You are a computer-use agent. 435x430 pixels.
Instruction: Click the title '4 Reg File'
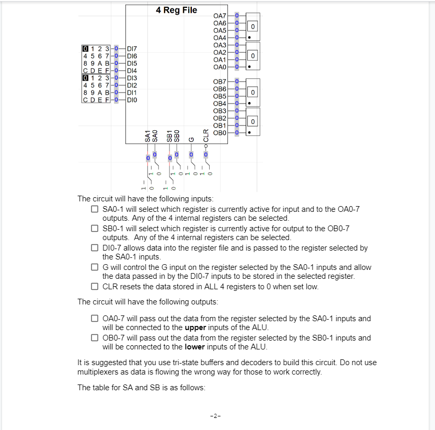(x=176, y=10)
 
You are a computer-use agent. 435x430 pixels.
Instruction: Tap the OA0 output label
(x=220, y=67)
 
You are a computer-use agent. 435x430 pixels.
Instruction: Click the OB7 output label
(x=220, y=82)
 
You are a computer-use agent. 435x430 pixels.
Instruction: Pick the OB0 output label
(x=220, y=133)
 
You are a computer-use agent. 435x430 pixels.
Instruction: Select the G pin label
(x=191, y=139)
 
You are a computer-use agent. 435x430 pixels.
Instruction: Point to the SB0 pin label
(x=177, y=135)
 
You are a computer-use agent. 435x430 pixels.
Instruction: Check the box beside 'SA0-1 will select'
(x=94, y=209)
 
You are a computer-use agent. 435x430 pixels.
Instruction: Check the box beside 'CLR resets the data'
(x=94, y=286)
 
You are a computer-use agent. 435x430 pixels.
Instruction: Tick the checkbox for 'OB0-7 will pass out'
(x=94, y=337)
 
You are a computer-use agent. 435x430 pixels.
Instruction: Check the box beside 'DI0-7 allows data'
(x=94, y=248)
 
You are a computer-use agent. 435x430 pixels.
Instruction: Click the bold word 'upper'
(x=196, y=327)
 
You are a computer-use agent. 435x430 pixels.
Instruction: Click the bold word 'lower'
(x=195, y=347)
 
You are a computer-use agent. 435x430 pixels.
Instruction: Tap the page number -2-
(x=214, y=416)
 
